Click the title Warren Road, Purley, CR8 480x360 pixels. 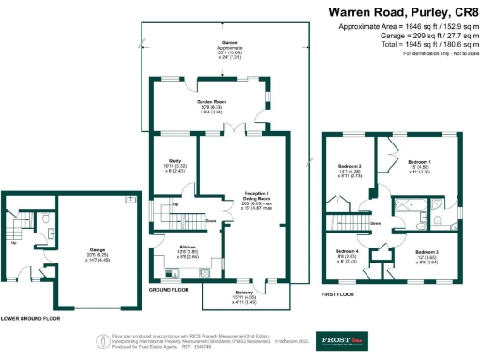pos(402,12)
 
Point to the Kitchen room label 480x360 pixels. pos(187,247)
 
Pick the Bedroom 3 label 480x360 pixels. pos(427,252)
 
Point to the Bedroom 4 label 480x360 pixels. pos(347,252)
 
